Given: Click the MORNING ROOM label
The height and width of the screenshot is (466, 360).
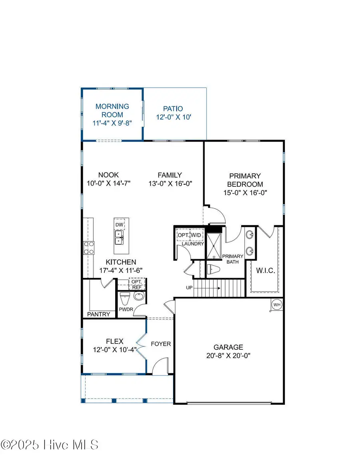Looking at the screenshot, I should tap(112, 110).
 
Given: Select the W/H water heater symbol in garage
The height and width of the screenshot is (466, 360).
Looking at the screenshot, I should tap(276, 305).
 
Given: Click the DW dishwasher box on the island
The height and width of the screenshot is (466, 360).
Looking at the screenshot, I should tap(119, 225).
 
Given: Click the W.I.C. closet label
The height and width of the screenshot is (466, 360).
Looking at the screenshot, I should tap(265, 271).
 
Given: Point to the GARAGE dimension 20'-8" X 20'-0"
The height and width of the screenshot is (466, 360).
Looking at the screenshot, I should tap(228, 355).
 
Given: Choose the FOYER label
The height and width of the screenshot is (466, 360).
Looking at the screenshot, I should tap(161, 344).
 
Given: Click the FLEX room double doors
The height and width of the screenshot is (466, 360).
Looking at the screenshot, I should tap(141, 342).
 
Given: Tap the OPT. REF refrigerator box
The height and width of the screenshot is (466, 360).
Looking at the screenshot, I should tap(136, 284).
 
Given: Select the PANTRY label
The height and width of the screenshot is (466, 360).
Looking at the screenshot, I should tap(98, 314).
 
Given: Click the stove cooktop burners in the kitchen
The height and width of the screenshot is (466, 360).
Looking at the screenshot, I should tap(89, 248).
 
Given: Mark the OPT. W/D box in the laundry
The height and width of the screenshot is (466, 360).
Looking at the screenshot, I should tap(190, 235).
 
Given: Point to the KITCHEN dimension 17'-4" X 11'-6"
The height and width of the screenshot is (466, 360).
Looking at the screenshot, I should tap(121, 270).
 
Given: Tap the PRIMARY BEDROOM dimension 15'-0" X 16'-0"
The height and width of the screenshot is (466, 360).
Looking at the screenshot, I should tap(245, 192).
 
